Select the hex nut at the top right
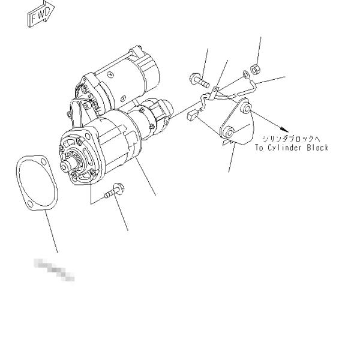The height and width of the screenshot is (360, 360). pyautogui.click(x=255, y=70)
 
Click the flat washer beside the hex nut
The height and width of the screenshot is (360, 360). pyautogui.click(x=246, y=76)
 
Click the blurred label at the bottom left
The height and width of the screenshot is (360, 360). pyautogui.click(x=55, y=268)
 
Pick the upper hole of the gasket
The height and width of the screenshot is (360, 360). pyautogui.click(x=25, y=163)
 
